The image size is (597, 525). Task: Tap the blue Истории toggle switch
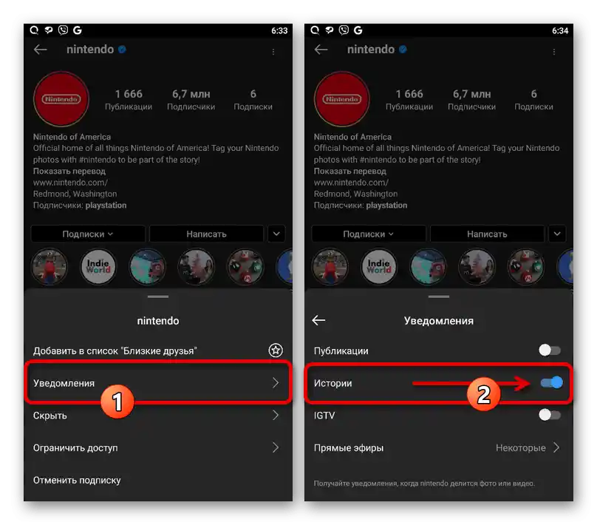[551, 382]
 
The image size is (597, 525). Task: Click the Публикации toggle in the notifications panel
[550, 350]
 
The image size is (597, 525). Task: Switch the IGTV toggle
[550, 415]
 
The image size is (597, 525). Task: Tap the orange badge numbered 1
[117, 402]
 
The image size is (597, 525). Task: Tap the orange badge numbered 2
[483, 393]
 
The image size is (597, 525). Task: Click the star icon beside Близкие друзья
[276, 350]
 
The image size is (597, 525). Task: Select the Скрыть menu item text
[50, 416]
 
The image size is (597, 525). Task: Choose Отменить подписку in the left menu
[77, 480]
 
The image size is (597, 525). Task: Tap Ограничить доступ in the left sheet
[75, 447]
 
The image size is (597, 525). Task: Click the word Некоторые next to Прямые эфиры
[520, 447]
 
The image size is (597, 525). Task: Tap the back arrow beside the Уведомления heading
[318, 320]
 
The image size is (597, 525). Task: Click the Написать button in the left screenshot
[206, 234]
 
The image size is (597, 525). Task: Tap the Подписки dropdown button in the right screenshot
[368, 234]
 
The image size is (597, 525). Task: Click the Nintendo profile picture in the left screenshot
[61, 99]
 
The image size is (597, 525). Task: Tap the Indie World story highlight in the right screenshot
[378, 267]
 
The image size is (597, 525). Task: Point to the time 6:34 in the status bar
[560, 30]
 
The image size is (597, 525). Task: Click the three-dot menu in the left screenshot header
[273, 52]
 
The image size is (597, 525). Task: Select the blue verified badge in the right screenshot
[403, 49]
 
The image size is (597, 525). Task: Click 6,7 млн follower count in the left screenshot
[191, 94]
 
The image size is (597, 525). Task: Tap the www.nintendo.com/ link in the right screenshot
[351, 183]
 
